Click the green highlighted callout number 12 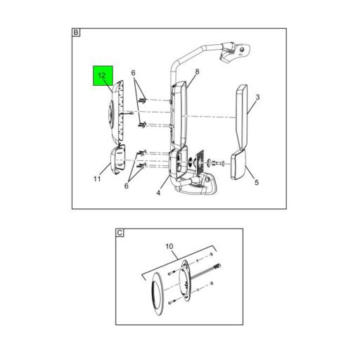tap(102, 75)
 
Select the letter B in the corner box tap(76, 32)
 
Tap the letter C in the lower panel tap(120, 233)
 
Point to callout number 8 tap(197, 72)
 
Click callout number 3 tap(257, 97)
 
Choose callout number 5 tap(257, 182)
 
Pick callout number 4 tap(158, 193)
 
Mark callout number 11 tap(97, 179)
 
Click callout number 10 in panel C tap(169, 247)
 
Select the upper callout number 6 tap(133, 73)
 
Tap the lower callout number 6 tap(127, 186)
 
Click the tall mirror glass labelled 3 tap(242, 117)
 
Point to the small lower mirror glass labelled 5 tap(238, 165)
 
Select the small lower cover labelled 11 tap(118, 160)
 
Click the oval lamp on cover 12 tap(110, 114)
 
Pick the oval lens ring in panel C tap(157, 293)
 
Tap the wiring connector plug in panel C tap(217, 266)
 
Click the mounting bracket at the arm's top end tap(236, 52)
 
